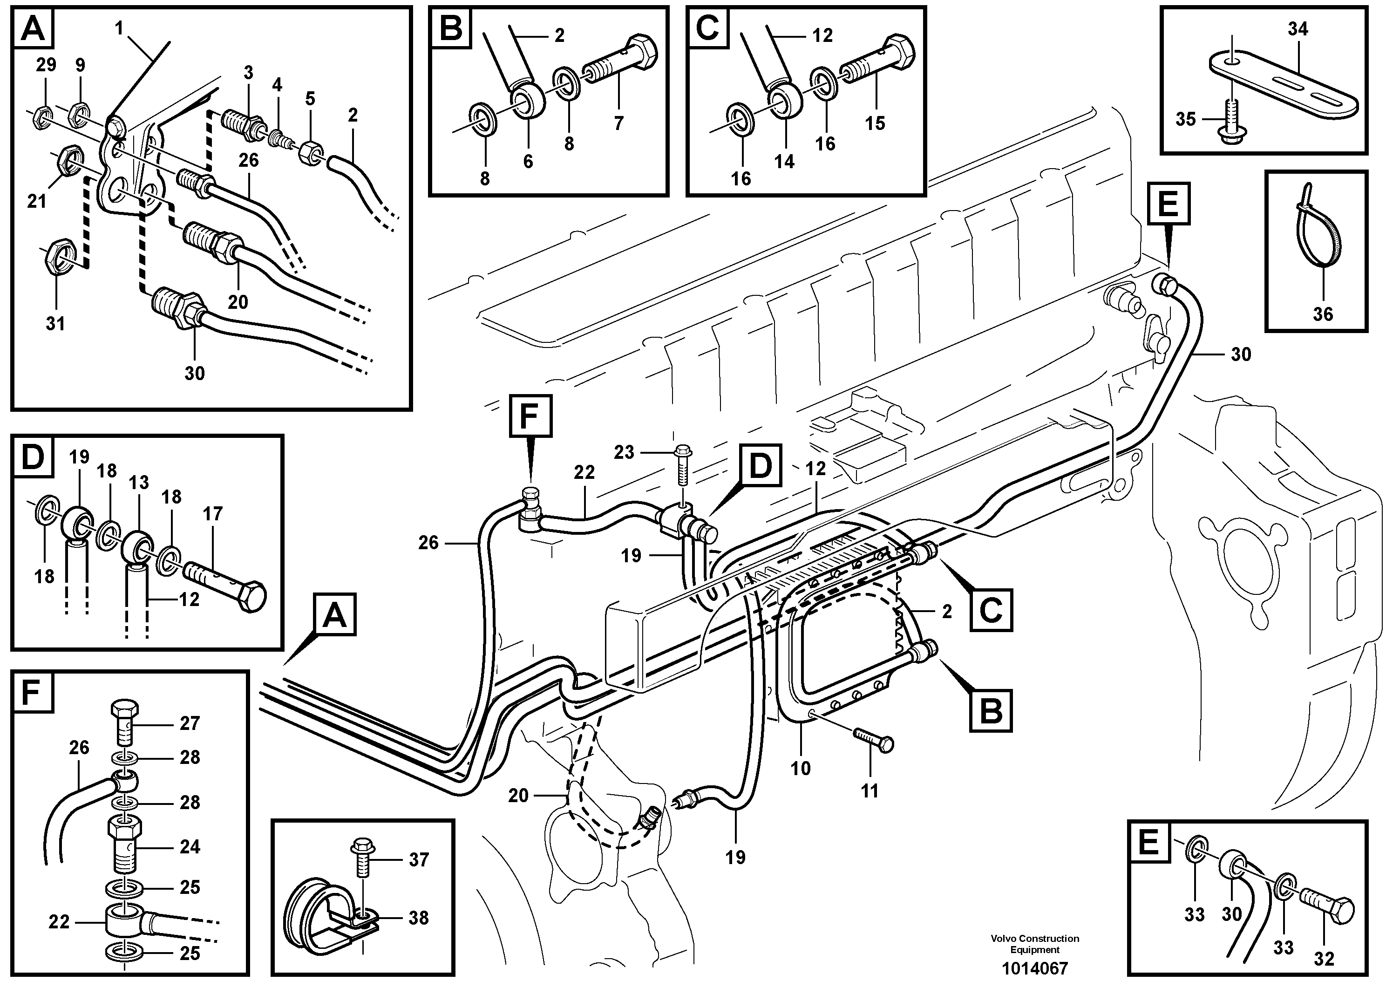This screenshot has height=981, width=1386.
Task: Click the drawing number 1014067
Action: (x=1034, y=967)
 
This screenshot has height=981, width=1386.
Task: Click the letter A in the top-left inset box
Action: (x=33, y=28)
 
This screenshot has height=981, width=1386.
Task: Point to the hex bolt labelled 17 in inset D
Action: (x=226, y=586)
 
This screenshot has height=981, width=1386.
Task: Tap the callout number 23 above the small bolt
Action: (x=624, y=452)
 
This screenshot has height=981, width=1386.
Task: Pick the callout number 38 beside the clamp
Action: (x=419, y=918)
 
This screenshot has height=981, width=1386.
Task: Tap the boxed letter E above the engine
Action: (x=1168, y=203)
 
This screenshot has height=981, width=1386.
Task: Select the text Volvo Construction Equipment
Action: (x=1034, y=944)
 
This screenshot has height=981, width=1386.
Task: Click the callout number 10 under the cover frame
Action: (x=801, y=769)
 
